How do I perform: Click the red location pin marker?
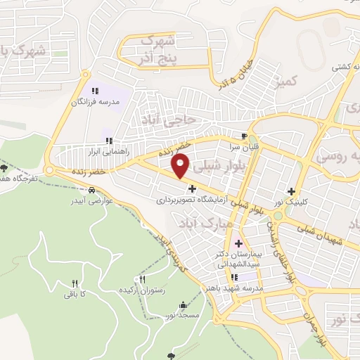click(x=181, y=166)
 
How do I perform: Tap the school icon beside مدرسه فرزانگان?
click(x=96, y=90)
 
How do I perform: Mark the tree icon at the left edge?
click(x=5, y=167)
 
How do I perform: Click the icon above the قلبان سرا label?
click(x=244, y=136)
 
